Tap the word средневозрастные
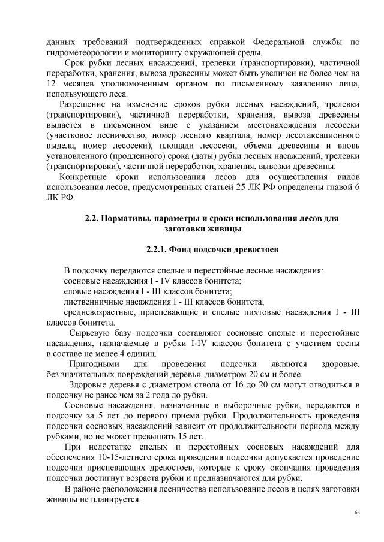click(101, 312)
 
